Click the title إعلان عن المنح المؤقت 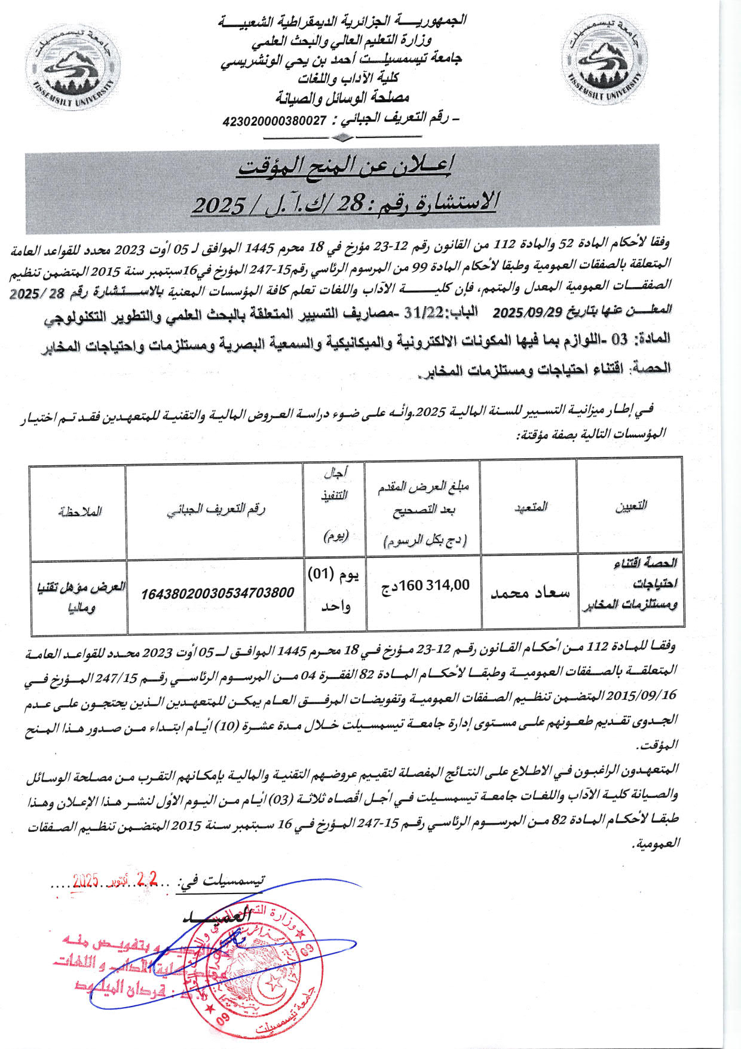[345, 167]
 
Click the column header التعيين [630, 507]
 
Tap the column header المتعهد [529, 507]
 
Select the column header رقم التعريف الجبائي [216, 510]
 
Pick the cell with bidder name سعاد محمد [529, 593]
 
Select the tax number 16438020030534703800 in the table [218, 593]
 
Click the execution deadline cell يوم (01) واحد [335, 590]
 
